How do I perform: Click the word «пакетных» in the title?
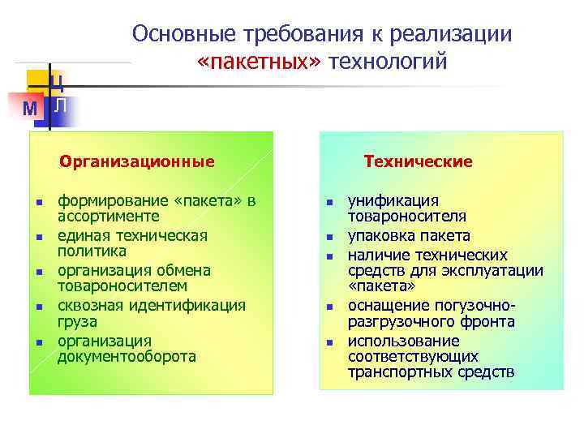[259, 62]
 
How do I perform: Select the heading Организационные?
[137, 161]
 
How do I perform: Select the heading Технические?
[418, 161]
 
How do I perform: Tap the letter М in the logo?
[31, 109]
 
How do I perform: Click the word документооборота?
[127, 356]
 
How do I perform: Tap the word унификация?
[393, 200]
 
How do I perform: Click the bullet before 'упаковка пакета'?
[330, 238]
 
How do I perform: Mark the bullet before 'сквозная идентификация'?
[38, 307]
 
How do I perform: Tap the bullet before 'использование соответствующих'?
[330, 342]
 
